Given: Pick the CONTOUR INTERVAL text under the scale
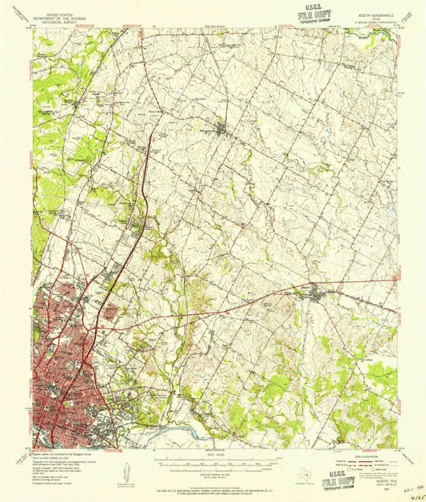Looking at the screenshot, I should tap(211, 473).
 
